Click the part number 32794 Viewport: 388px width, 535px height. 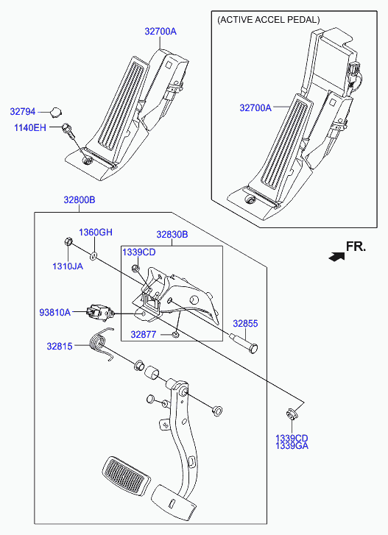(x=23, y=112)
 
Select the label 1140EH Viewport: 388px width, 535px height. (x=30, y=127)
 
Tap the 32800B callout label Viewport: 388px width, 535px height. (x=80, y=200)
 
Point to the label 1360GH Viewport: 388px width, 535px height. (x=96, y=233)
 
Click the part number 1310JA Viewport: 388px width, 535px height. (x=68, y=266)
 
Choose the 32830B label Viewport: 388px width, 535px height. (x=172, y=235)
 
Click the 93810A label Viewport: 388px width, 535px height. (x=55, y=312)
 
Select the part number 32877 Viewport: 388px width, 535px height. (x=144, y=334)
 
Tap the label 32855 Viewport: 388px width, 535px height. (x=245, y=324)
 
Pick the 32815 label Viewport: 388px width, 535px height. (x=60, y=347)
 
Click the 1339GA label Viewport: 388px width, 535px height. (x=292, y=446)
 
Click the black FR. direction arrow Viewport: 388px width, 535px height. (x=336, y=257)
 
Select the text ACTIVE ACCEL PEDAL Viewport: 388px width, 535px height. (x=269, y=20)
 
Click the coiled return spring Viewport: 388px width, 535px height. (x=102, y=343)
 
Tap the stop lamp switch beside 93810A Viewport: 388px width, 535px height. (x=99, y=312)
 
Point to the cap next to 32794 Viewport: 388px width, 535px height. (x=56, y=112)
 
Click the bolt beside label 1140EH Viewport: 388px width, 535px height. (x=68, y=132)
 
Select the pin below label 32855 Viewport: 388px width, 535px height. (x=244, y=342)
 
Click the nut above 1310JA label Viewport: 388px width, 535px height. (x=68, y=242)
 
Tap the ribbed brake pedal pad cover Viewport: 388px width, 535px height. (x=126, y=475)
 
